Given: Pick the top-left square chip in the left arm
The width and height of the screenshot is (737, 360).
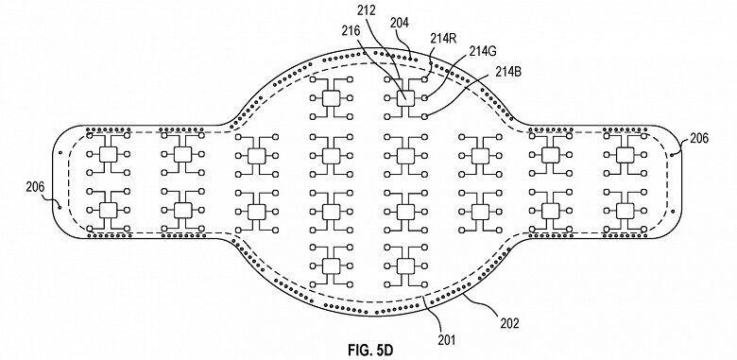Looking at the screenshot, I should coord(107,153).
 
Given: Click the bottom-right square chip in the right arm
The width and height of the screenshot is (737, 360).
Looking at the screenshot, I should coord(625,209).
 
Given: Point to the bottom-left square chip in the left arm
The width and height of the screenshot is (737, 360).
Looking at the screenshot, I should coord(107,209).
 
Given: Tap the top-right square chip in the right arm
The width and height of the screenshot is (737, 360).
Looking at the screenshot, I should coord(625,153).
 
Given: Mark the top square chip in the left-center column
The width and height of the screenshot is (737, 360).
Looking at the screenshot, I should coord(330,97).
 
